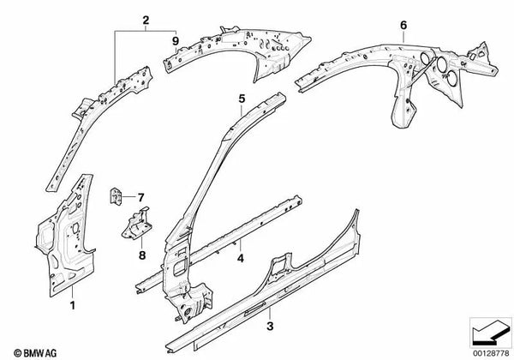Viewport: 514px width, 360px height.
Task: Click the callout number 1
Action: click(73, 304)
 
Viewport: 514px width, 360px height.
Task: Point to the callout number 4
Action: click(242, 257)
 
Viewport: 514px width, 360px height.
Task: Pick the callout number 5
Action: click(242, 99)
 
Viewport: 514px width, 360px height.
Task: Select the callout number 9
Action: click(175, 39)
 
